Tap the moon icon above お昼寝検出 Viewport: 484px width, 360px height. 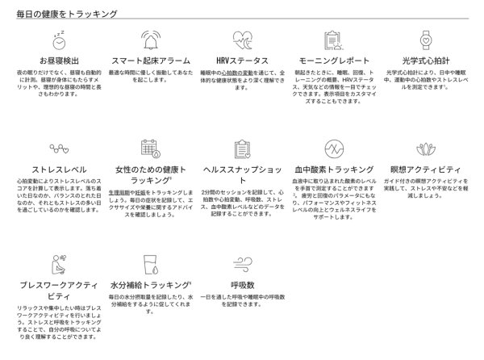click(56, 38)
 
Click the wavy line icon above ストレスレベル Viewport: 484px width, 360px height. click(56, 148)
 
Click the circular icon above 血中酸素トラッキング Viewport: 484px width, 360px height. click(334, 148)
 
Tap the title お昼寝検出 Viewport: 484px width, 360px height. click(56, 61)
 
